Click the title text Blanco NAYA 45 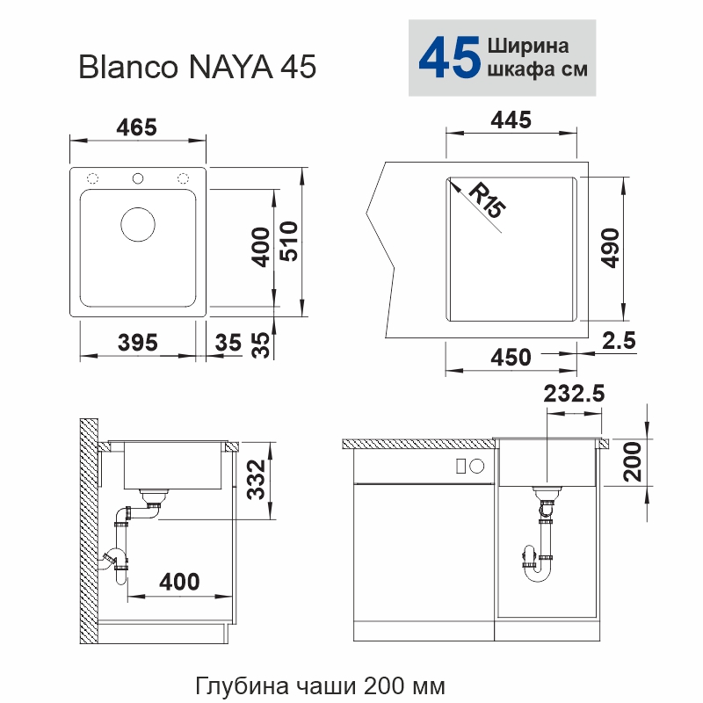[x=197, y=67]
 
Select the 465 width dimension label [x=136, y=127]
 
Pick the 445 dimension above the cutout [x=511, y=120]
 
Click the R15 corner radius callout [x=486, y=201]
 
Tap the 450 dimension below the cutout [x=511, y=357]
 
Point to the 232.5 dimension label [x=575, y=395]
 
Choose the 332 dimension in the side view [x=256, y=479]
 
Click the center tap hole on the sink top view [x=137, y=178]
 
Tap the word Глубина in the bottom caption [x=232, y=685]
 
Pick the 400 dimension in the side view [x=179, y=581]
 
